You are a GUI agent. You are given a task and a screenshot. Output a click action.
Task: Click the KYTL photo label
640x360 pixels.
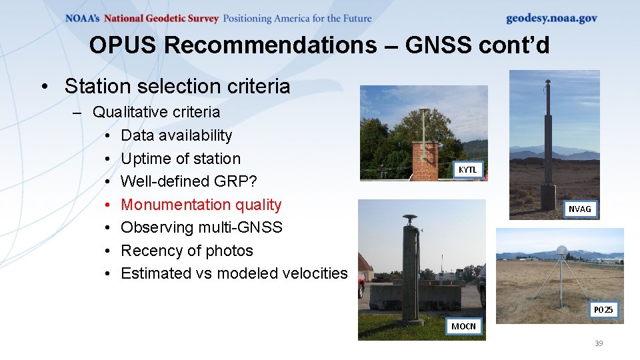pos(467,170)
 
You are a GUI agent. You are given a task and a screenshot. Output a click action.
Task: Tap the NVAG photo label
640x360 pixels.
pos(579,209)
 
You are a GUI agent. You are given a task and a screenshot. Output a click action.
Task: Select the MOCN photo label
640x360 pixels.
pos(463,326)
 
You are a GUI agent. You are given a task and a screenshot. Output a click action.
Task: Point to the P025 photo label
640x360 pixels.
pos(603,310)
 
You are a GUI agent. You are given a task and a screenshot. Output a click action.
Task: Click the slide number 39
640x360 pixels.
pos(598,343)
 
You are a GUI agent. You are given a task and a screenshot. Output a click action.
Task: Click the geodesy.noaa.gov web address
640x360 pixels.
pos(551,19)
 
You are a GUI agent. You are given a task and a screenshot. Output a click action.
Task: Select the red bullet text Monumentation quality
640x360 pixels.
pos(201,205)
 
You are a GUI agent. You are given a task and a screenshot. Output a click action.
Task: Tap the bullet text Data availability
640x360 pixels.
pos(176,135)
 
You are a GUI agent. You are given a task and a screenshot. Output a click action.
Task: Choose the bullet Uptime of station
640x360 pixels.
pos(180,159)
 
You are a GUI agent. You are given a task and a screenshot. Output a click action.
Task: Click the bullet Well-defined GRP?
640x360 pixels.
pos(189,181)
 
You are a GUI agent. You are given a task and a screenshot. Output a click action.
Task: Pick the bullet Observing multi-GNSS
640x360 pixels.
pos(201,227)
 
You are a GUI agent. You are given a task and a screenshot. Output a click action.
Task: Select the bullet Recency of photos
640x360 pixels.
pos(187,251)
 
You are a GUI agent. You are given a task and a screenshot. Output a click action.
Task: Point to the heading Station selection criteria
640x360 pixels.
pos(177,86)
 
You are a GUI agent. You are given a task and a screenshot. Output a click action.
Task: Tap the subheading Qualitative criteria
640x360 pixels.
pos(156,112)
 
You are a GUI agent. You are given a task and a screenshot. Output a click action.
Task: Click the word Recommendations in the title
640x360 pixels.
pos(269,45)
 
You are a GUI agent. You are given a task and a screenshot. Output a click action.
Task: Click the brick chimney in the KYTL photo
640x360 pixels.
pos(425,161)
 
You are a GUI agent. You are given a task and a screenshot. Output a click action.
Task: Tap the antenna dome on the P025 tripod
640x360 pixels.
pos(561,251)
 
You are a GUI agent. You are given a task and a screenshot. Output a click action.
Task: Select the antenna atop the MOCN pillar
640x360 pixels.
pos(409,219)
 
